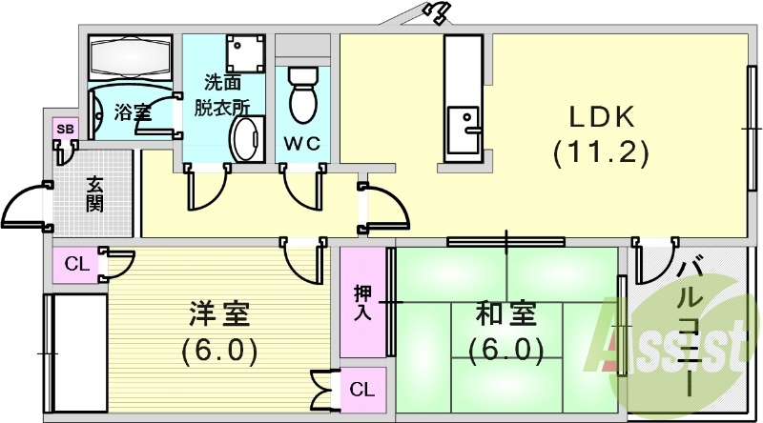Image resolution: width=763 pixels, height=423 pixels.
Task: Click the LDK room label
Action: [602, 117]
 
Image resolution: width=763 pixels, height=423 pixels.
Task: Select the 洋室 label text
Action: [220, 313]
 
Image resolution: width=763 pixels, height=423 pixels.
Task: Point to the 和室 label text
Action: [506, 313]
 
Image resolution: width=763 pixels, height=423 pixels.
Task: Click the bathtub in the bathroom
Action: [128, 58]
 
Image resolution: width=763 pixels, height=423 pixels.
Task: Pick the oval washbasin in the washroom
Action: [247, 141]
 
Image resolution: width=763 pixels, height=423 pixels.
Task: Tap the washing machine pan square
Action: [247, 54]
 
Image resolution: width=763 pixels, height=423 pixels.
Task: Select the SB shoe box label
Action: [65, 129]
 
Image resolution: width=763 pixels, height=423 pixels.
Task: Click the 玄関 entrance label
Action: [94, 194]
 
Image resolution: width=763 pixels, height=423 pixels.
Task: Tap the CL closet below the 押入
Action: [361, 389]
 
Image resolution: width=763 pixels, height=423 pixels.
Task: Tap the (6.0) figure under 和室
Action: [506, 350]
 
